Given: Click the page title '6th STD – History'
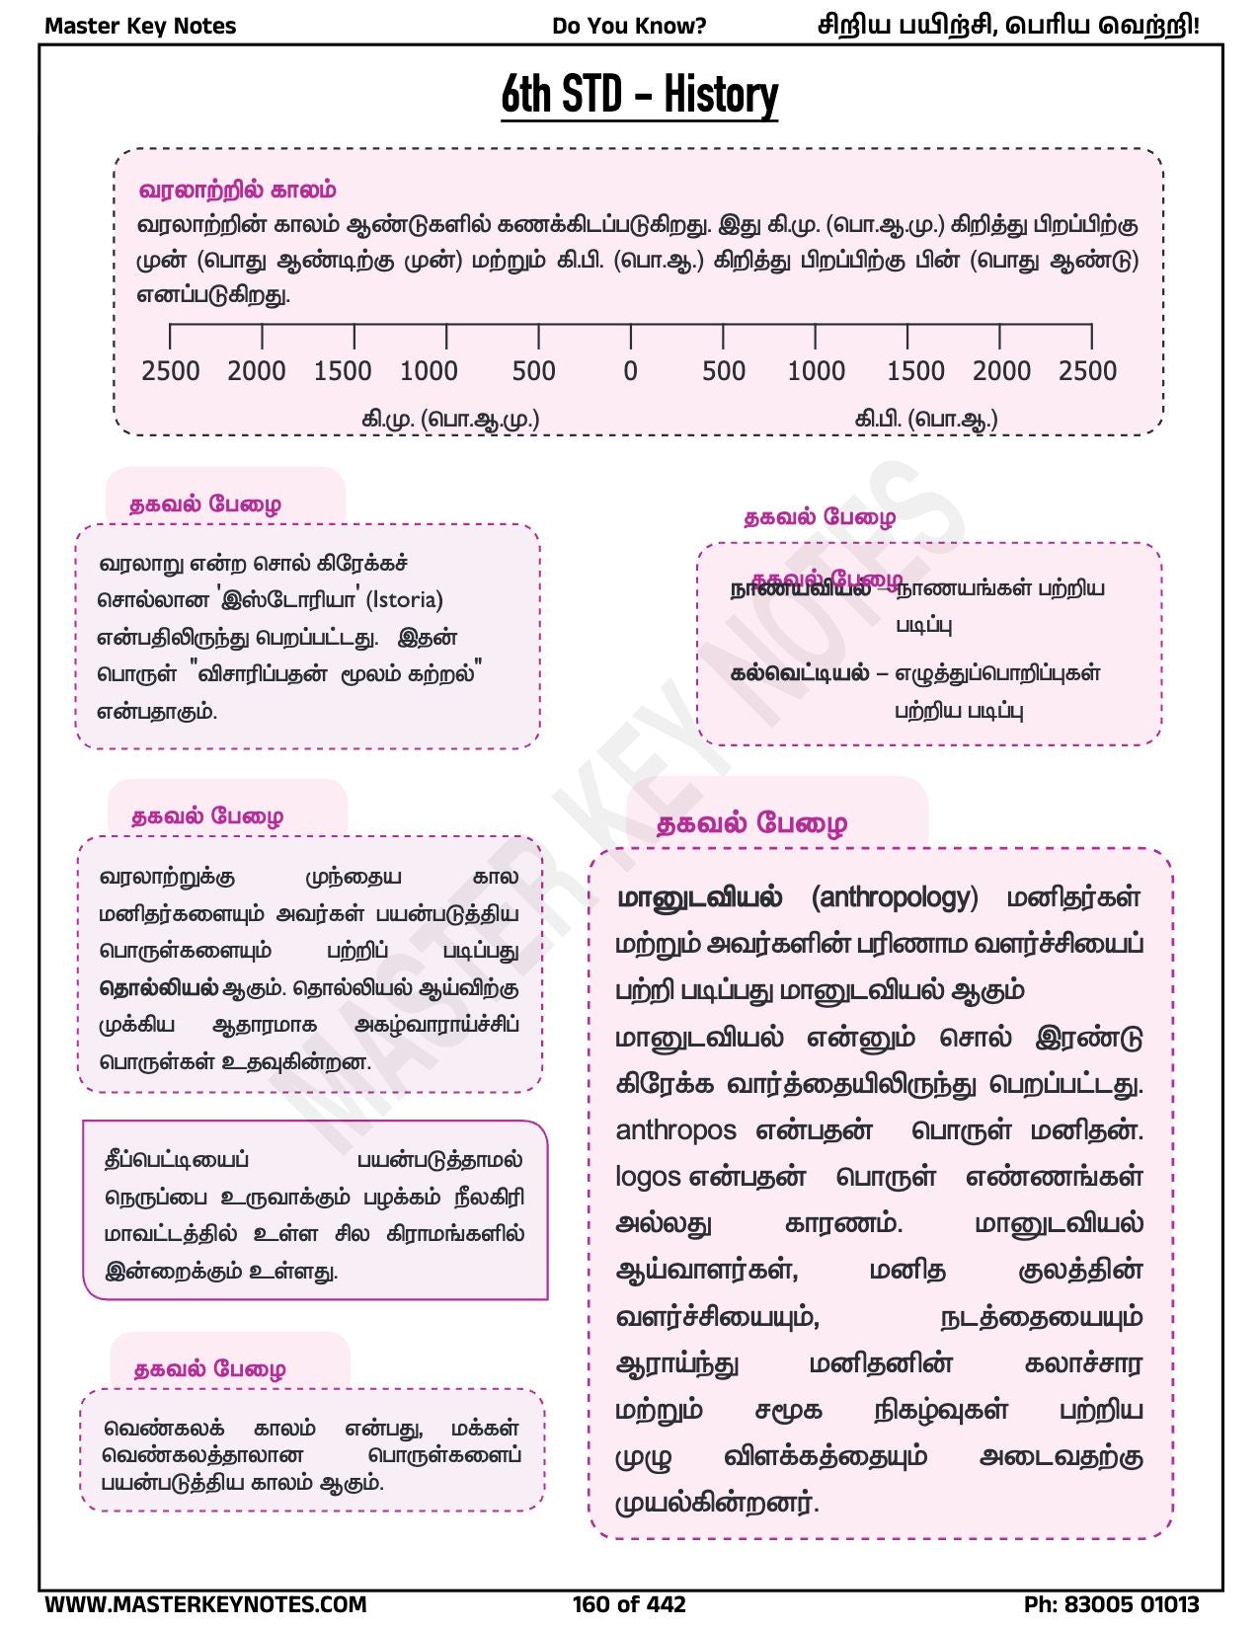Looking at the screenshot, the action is [639, 96].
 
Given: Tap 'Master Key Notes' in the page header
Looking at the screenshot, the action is [140, 26].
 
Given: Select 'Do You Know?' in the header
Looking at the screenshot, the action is [629, 26].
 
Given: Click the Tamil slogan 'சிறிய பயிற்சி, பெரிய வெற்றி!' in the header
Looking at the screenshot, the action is [1008, 26].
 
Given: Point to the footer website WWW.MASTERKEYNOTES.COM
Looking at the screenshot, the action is [205, 1604].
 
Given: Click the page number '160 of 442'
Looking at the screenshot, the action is [629, 1604].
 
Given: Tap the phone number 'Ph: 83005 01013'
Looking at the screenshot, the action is [1111, 1604].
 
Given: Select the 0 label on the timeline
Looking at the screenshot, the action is [630, 371].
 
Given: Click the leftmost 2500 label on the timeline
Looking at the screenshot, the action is [170, 371].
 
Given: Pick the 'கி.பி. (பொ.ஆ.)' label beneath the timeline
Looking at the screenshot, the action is [926, 419].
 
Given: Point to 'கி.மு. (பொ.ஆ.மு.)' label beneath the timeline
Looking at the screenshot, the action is [450, 419].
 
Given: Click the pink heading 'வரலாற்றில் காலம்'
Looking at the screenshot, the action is [237, 190].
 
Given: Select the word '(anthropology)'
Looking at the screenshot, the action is [895, 897].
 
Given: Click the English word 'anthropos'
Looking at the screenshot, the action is [675, 1130].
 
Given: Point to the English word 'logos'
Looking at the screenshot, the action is [648, 1177].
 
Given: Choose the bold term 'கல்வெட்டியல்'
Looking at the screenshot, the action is [800, 673].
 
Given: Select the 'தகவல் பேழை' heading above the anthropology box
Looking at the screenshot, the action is [751, 823].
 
